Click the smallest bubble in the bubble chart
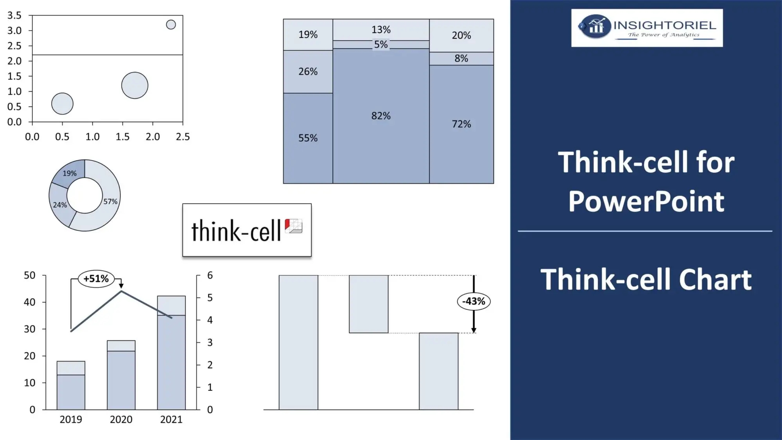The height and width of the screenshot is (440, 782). (x=171, y=25)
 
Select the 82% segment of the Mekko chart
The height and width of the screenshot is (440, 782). (x=381, y=116)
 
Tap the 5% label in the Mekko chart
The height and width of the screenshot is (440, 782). (x=381, y=45)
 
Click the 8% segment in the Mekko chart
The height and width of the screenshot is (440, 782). (x=461, y=59)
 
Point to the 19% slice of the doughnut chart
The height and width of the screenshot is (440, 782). (x=70, y=173)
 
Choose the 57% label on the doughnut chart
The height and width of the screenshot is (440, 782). (x=110, y=201)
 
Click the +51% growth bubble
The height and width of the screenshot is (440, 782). (x=96, y=279)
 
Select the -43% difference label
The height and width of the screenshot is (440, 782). (x=474, y=302)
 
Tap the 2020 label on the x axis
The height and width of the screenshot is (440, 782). (x=121, y=420)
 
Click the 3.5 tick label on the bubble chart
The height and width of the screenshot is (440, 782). (x=14, y=16)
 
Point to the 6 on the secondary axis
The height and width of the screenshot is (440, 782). (x=210, y=275)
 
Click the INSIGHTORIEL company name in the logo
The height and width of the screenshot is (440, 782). (x=664, y=25)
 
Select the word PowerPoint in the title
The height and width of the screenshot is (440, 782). (x=646, y=202)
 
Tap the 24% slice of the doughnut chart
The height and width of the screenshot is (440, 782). (x=60, y=205)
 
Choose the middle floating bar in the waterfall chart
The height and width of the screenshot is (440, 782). (x=368, y=304)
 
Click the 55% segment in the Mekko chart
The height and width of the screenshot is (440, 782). (x=308, y=138)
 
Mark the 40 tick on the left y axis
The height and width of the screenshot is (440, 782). (x=30, y=302)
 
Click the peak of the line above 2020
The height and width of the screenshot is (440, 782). (x=121, y=291)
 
